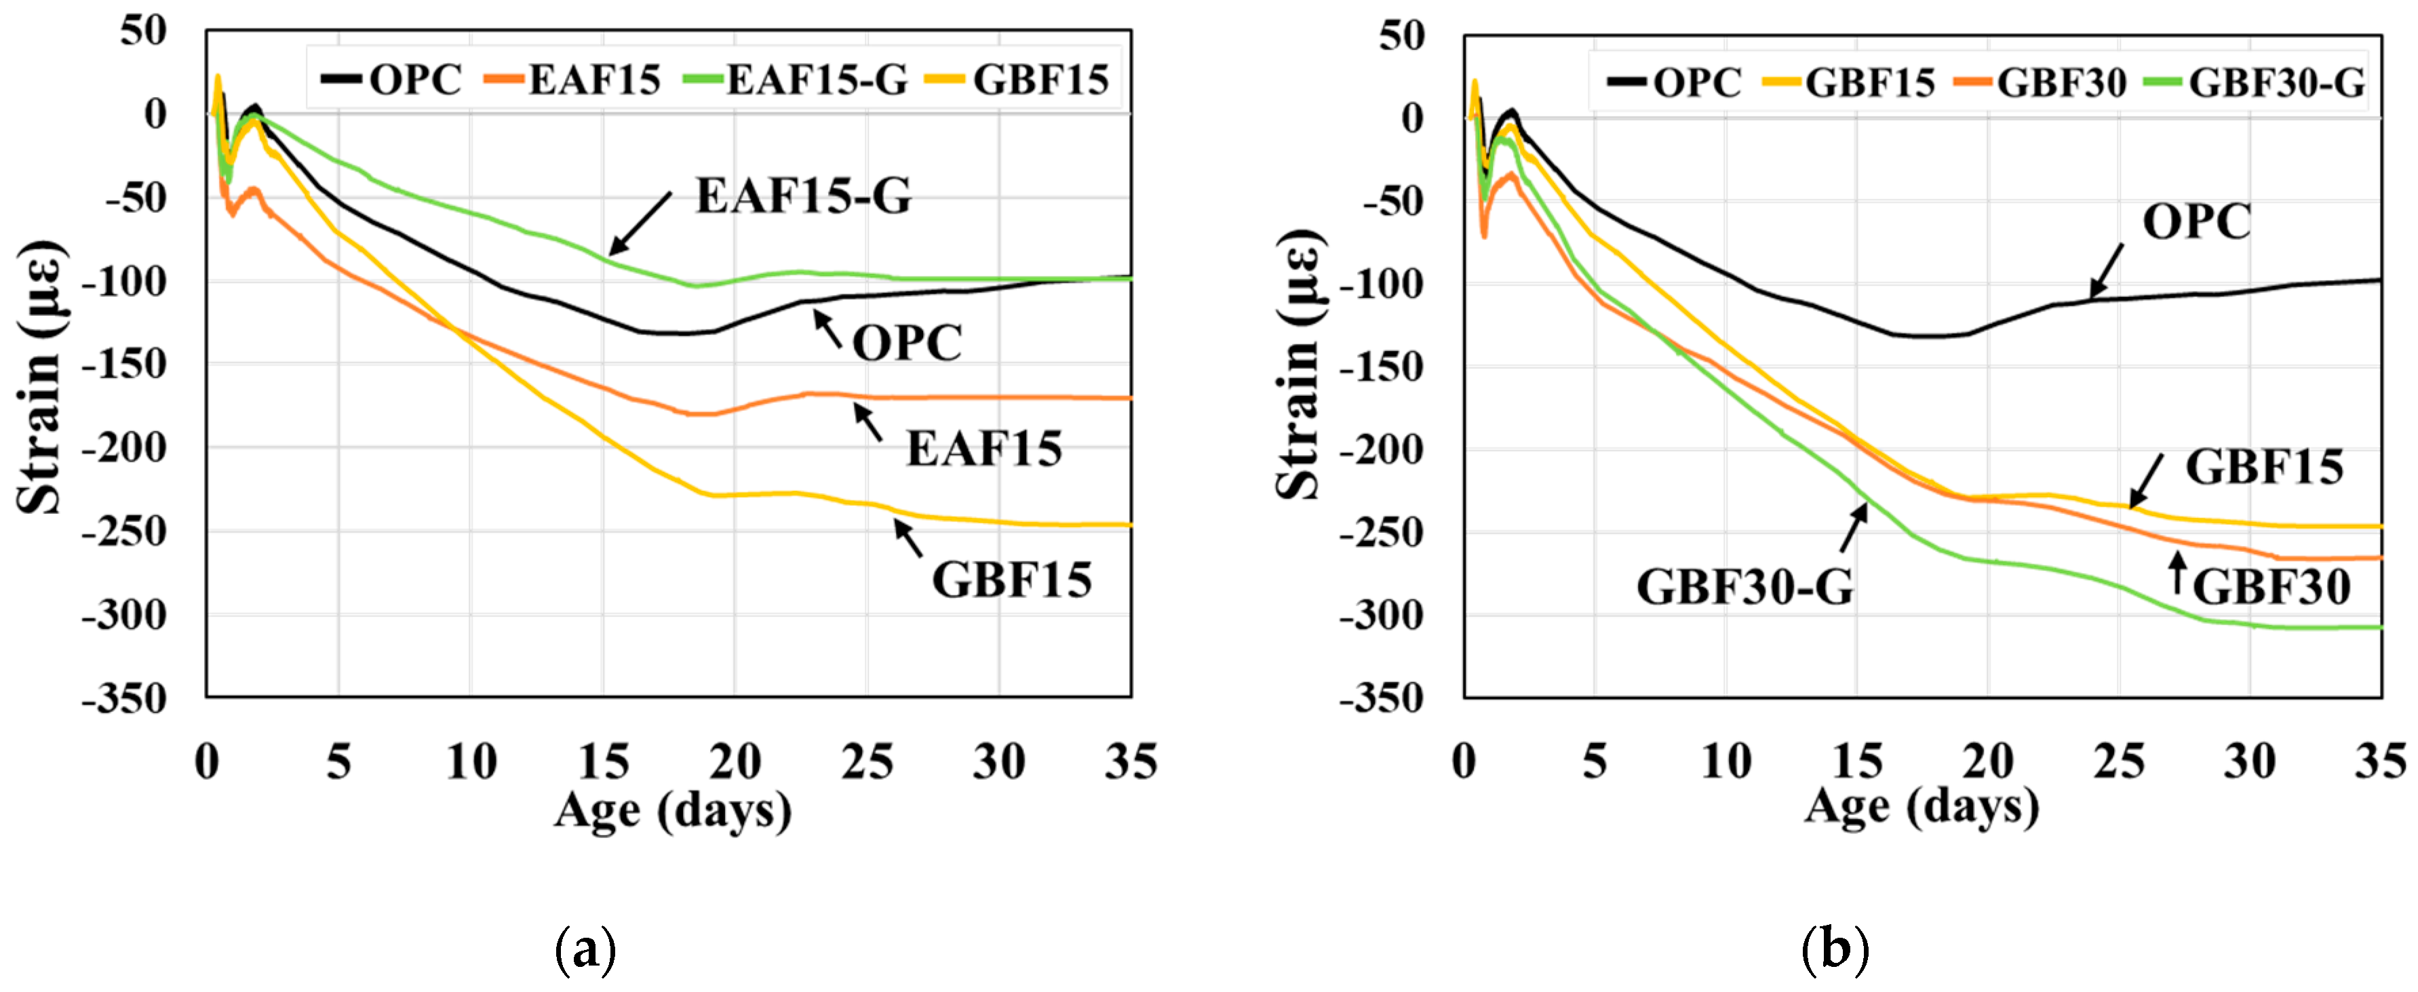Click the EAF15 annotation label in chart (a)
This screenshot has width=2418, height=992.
pos(983,449)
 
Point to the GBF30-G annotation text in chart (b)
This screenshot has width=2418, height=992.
pos(1744,587)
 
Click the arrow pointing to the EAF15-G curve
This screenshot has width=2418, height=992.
pos(640,223)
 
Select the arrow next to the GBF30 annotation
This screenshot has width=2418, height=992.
pos(2178,572)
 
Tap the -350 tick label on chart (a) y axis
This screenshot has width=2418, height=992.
pos(124,699)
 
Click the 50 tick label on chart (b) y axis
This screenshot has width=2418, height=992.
pos(1401,37)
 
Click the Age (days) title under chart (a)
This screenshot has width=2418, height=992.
pos(672,810)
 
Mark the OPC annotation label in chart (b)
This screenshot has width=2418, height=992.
pos(2196,222)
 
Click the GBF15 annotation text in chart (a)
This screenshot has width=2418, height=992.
pos(1011,580)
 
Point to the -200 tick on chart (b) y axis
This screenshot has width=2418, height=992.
pos(1381,450)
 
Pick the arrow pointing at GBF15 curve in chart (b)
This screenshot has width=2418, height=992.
pos(2146,481)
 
